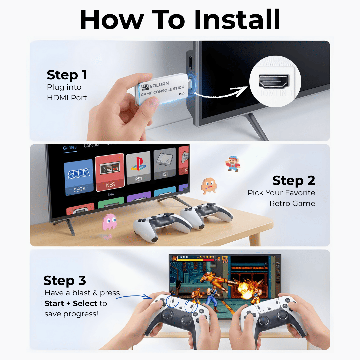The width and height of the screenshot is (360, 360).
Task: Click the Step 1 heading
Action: (x=67, y=75)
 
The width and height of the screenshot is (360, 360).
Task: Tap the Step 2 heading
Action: (x=293, y=181)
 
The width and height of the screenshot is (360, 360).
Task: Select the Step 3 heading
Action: (x=65, y=281)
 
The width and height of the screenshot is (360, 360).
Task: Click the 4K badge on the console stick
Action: (x=145, y=87)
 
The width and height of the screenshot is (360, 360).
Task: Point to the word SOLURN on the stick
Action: (x=159, y=84)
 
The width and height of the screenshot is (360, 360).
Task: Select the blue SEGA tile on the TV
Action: (x=79, y=177)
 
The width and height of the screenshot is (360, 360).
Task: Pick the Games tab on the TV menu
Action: (x=70, y=148)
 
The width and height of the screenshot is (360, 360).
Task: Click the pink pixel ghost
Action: (x=109, y=222)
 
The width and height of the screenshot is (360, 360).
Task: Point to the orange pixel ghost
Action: (x=209, y=185)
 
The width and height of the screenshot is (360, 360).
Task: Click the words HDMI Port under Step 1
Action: (x=67, y=98)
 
